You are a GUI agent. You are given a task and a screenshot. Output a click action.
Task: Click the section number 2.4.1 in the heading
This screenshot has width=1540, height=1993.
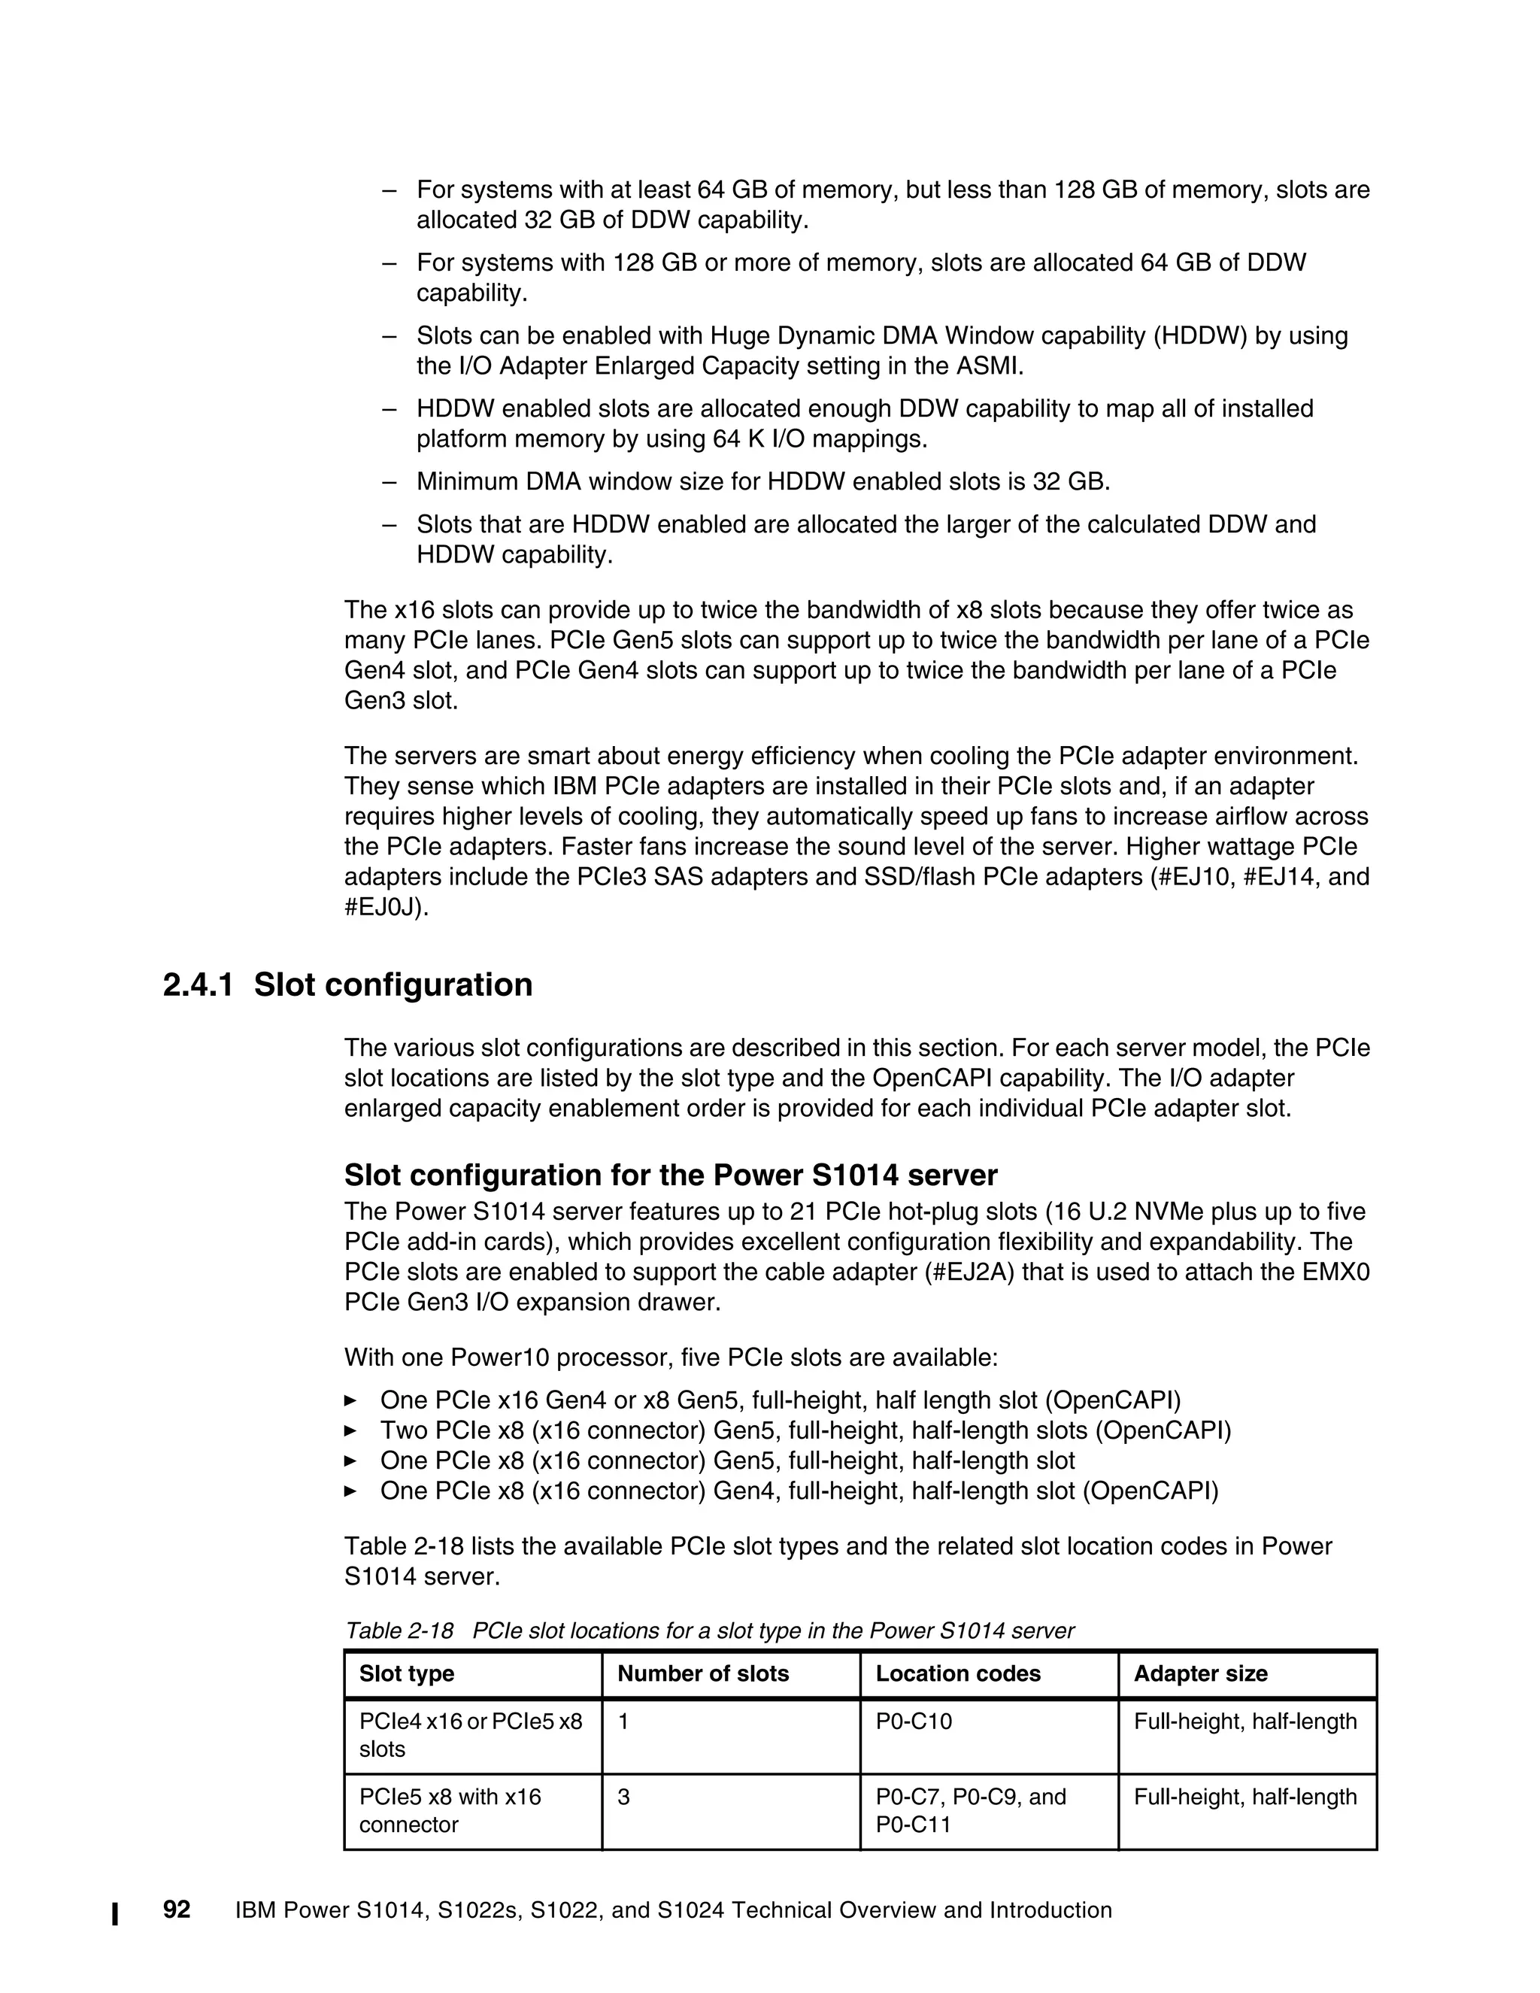click(198, 985)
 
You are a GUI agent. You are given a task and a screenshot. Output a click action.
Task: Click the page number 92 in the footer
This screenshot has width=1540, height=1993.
click(176, 1910)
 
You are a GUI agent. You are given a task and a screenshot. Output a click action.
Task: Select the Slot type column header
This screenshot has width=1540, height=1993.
click(406, 1673)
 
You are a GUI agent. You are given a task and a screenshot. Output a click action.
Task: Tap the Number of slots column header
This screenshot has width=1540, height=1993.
click(702, 1673)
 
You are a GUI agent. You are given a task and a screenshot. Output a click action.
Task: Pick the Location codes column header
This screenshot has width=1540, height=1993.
click(957, 1673)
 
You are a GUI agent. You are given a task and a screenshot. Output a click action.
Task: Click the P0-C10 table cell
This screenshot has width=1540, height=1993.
click(913, 1722)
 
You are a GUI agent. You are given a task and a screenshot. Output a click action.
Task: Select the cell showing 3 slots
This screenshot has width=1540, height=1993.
click(624, 1797)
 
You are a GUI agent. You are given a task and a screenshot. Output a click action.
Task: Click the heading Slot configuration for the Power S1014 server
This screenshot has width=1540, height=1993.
click(671, 1175)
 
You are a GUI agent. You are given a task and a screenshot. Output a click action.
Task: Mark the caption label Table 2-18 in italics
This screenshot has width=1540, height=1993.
click(399, 1630)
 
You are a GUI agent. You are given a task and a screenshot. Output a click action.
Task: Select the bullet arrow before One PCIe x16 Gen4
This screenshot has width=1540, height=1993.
click(350, 1400)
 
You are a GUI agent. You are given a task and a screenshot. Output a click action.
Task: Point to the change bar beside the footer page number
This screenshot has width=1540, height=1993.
click(115, 1913)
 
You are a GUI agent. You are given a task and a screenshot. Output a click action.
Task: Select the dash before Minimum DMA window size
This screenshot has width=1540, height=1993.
click(390, 481)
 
